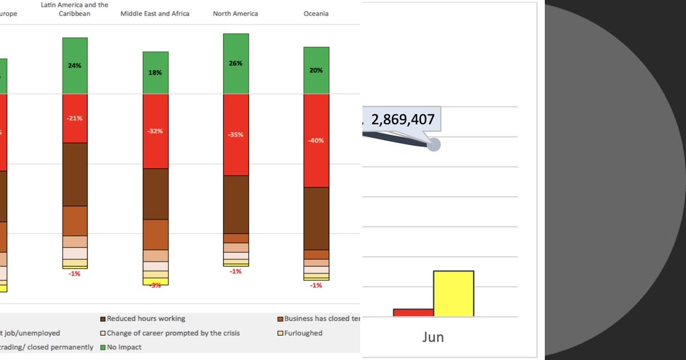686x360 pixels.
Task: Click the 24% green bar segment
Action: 75,66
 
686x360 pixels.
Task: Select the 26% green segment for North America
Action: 236,63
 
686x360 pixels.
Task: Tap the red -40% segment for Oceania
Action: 316,141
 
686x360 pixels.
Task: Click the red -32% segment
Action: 155,131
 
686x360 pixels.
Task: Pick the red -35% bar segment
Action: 236,135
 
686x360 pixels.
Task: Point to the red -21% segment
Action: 75,118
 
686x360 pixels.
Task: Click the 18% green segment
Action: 155,73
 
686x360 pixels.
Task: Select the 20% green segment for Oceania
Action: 316,70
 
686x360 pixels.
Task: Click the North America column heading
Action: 236,13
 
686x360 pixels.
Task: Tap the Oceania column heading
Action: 316,13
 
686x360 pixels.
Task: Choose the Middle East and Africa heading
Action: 155,13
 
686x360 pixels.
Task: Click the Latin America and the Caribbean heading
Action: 74,9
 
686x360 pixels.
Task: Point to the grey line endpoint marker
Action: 434,145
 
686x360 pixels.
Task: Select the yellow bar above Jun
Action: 453,293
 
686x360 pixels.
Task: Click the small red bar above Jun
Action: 413,312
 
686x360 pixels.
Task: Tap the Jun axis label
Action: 433,337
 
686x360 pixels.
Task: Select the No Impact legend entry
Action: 121,347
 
